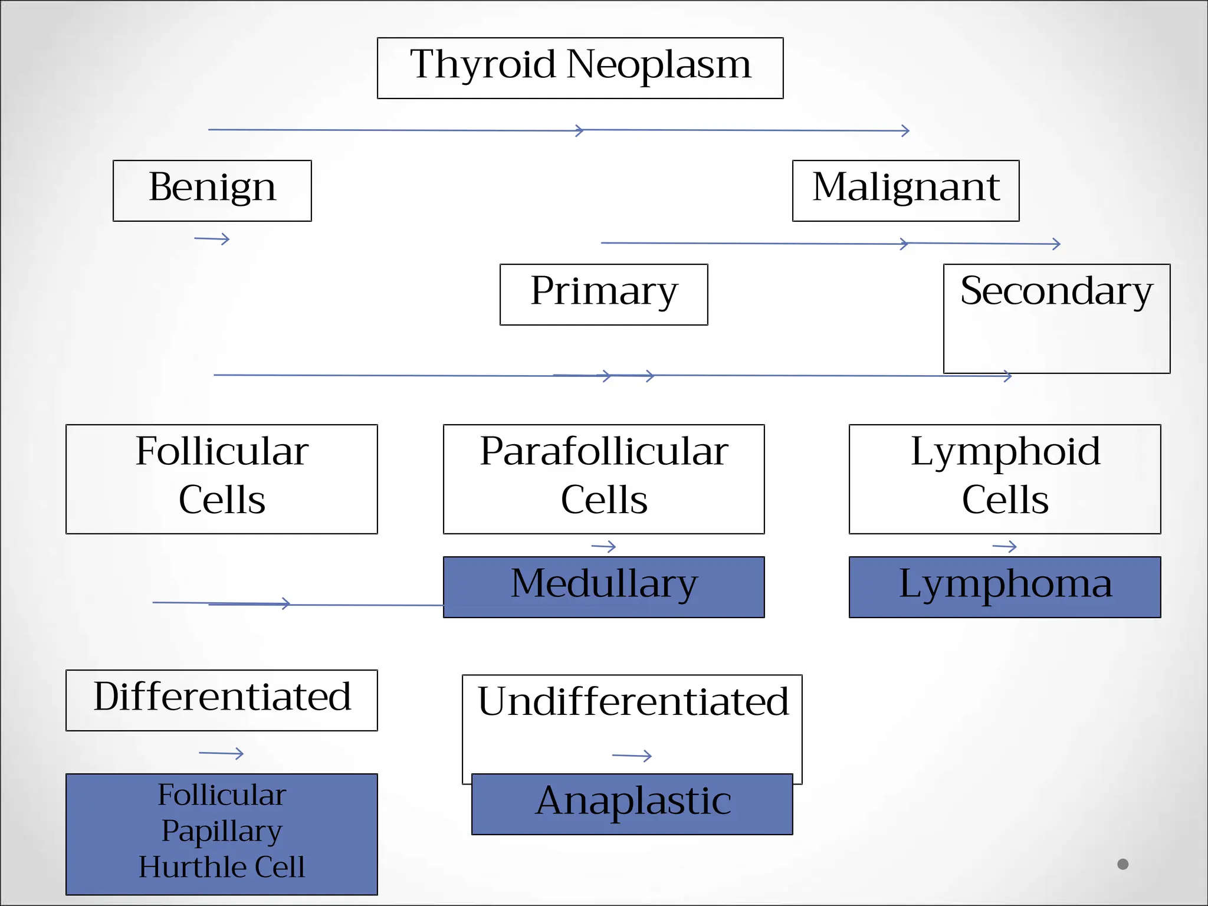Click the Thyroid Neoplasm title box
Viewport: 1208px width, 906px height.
click(580, 68)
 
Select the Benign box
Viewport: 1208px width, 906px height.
click(212, 190)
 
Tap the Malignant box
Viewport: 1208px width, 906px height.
click(905, 190)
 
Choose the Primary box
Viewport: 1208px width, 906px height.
click(603, 294)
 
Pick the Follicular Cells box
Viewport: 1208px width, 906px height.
click(221, 478)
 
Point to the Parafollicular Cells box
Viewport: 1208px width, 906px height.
click(603, 478)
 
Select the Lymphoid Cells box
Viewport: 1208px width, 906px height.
click(1005, 478)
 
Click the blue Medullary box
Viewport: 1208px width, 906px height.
click(603, 586)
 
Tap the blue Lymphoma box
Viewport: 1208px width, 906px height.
click(1005, 586)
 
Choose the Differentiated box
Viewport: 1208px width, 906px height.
click(221, 700)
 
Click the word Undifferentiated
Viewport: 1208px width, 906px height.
click(632, 702)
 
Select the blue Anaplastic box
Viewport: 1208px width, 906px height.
click(632, 803)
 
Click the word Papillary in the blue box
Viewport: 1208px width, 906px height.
click(222, 831)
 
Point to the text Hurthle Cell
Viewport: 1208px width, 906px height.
click(222, 867)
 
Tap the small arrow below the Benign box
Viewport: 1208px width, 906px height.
click(212, 239)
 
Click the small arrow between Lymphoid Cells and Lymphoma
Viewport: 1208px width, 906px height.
click(1005, 547)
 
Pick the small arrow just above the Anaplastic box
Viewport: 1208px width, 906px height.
click(632, 756)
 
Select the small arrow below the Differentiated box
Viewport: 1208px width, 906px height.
click(222, 753)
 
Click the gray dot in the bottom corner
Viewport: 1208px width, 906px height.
click(1122, 864)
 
